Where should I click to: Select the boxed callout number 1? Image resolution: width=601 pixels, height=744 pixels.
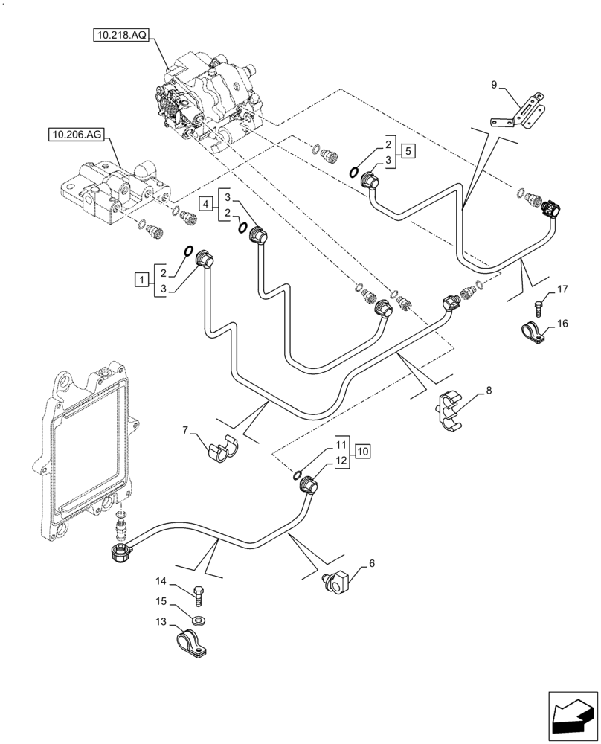click(x=139, y=279)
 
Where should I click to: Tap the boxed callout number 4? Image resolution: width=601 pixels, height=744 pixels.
click(x=205, y=202)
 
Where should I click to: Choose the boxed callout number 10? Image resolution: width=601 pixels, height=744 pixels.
click(x=361, y=451)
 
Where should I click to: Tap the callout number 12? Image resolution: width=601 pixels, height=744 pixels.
click(x=341, y=461)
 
